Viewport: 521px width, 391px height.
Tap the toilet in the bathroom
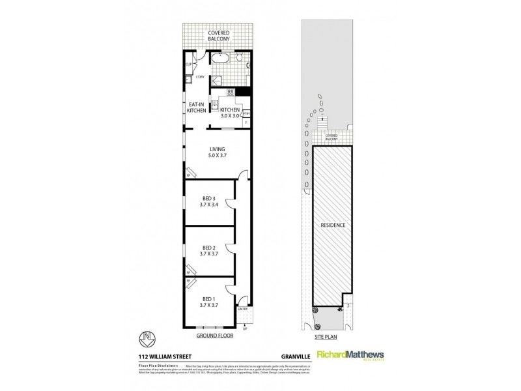click(240, 61)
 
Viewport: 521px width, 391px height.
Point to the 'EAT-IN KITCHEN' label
click(197, 108)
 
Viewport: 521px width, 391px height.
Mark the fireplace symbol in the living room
click(190, 173)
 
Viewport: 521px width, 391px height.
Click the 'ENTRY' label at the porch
click(243, 309)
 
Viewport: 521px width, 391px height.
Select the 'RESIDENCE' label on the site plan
click(332, 225)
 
